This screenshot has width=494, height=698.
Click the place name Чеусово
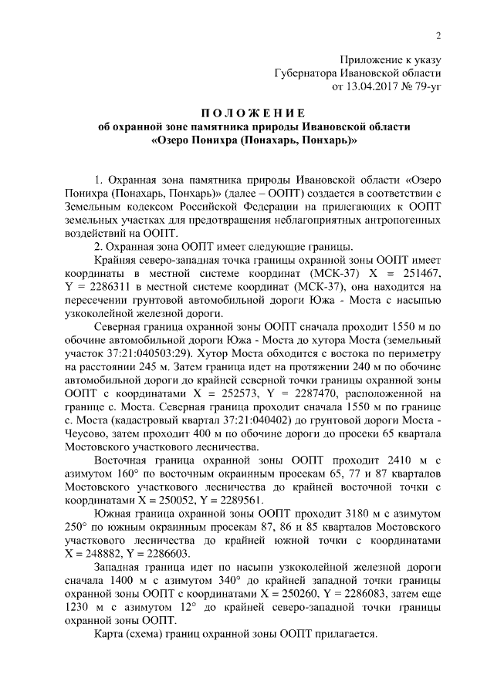[86, 437]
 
